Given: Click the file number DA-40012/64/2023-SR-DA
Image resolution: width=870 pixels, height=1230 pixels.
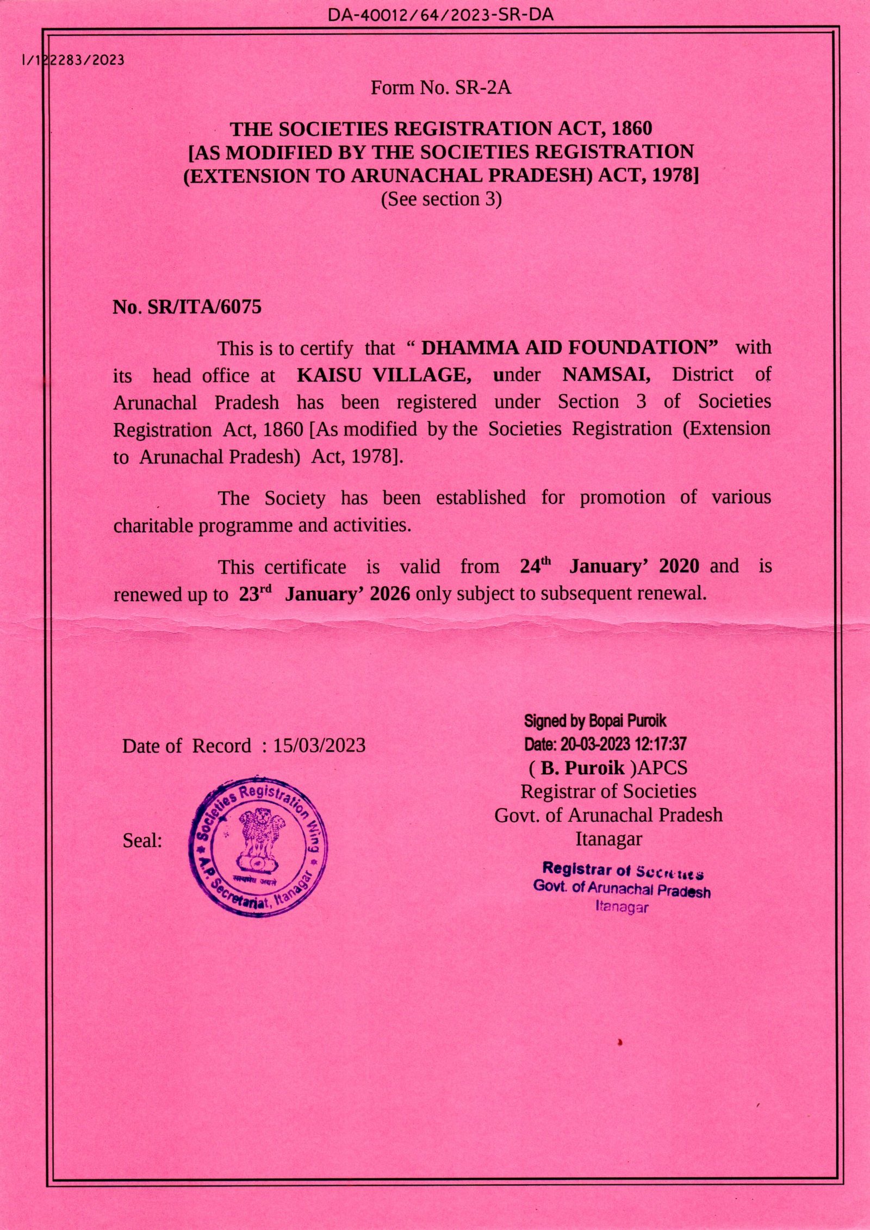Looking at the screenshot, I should coord(440,15).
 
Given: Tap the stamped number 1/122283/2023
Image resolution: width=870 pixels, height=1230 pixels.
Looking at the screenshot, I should coord(72,60).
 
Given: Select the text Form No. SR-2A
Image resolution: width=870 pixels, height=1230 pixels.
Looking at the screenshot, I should coord(441,88).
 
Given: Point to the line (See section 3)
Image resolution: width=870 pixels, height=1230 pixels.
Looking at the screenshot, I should coord(441,199).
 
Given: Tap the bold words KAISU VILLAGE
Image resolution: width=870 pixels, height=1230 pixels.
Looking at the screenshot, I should coord(384,375).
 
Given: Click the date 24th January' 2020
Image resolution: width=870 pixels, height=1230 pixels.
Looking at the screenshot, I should coord(609,567).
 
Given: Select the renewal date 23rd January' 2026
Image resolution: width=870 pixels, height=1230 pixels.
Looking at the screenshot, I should coord(325,594).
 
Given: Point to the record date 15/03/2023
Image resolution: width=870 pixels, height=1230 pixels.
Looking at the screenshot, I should coord(319,746).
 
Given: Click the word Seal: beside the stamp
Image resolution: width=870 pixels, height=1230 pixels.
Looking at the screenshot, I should coord(142,841).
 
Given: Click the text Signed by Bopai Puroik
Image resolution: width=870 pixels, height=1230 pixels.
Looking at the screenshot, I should coord(595,722).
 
